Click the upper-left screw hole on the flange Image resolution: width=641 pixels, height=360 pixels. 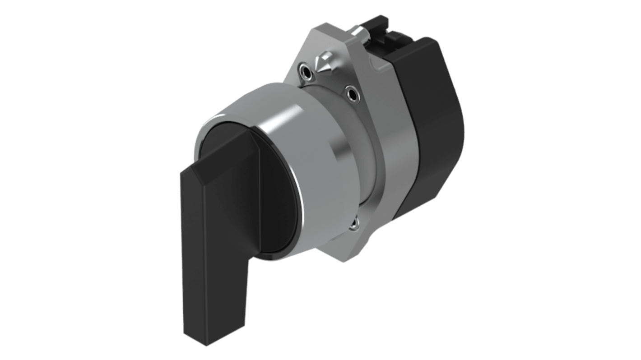click(x=307, y=72)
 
